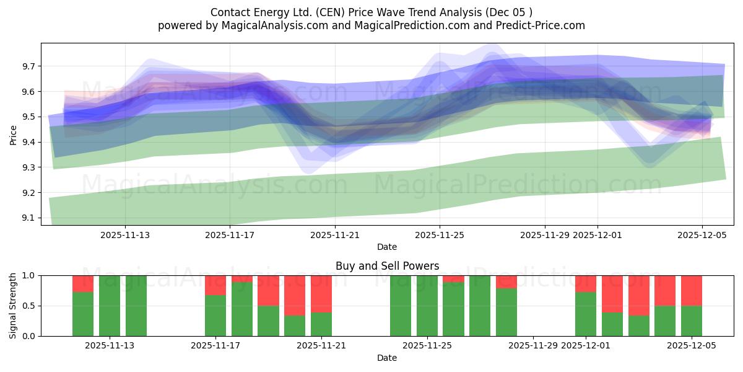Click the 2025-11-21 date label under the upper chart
point(335,235)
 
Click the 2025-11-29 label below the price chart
point(545,235)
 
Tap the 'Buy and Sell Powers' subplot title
point(387,266)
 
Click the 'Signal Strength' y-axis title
point(13,306)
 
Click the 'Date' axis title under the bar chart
point(387,358)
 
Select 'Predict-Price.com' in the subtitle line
point(536,25)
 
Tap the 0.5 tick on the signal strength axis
point(30,306)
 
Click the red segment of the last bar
point(692,290)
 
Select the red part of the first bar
point(83,283)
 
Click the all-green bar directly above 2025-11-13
point(110,306)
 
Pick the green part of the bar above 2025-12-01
point(586,314)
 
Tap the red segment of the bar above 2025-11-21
point(321,293)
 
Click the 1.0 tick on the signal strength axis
point(30,275)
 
